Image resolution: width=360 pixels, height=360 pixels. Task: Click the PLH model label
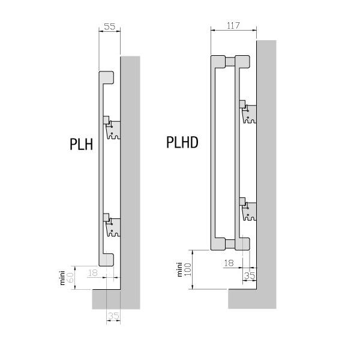point(81,144)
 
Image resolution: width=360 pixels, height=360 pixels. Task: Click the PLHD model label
point(182,142)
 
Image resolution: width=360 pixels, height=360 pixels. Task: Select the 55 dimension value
point(110,26)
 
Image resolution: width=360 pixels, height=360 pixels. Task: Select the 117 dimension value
point(233,25)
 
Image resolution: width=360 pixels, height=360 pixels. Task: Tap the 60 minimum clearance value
point(70,278)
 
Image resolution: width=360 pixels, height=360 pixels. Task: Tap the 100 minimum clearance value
point(188,269)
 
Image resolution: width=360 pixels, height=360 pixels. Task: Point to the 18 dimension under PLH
point(93,273)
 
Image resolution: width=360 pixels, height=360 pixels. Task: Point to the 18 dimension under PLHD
point(229,263)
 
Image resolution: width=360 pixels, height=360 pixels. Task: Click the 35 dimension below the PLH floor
point(114,316)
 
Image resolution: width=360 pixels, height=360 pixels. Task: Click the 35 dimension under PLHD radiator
point(250,275)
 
